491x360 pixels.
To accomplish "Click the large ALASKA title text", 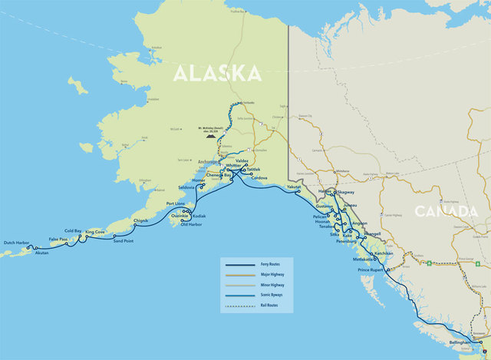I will click(x=216, y=72).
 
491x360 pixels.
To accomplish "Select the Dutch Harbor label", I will click(x=16, y=243).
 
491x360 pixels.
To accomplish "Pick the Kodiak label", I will click(x=199, y=216).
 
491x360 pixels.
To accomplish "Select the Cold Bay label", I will click(x=73, y=230).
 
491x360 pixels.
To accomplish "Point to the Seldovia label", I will click(x=186, y=187).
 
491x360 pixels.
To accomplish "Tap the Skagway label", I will click(x=346, y=192).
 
